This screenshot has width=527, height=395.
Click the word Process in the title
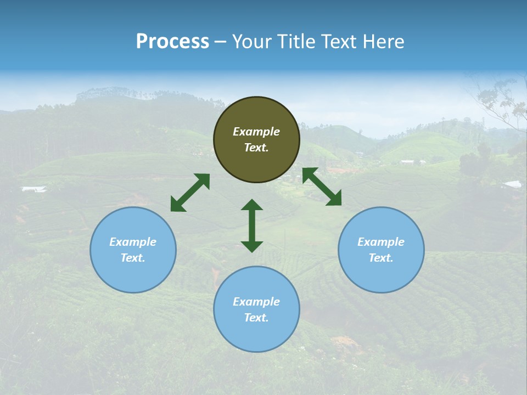[x=172, y=42]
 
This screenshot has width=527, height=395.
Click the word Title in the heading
[x=296, y=42]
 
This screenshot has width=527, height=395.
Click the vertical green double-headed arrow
[x=252, y=225]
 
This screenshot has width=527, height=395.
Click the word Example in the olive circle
[x=256, y=132]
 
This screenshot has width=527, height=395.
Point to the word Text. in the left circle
[x=133, y=258]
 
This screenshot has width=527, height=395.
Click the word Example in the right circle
[x=381, y=242]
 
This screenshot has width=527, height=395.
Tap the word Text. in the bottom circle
[x=256, y=318]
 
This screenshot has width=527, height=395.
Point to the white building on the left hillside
[x=33, y=189]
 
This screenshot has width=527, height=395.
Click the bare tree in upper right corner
[x=500, y=101]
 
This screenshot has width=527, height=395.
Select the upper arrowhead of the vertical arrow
[x=252, y=206]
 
